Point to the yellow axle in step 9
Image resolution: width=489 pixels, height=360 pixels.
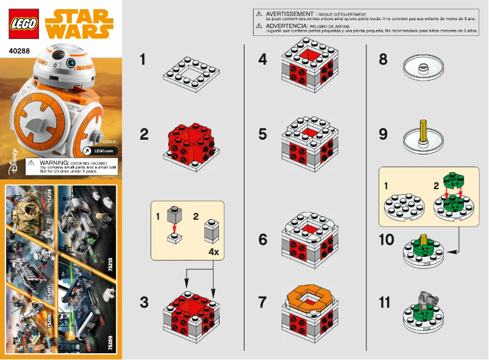click(423, 129)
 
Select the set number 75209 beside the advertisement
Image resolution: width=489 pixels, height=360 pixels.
click(110, 342)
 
